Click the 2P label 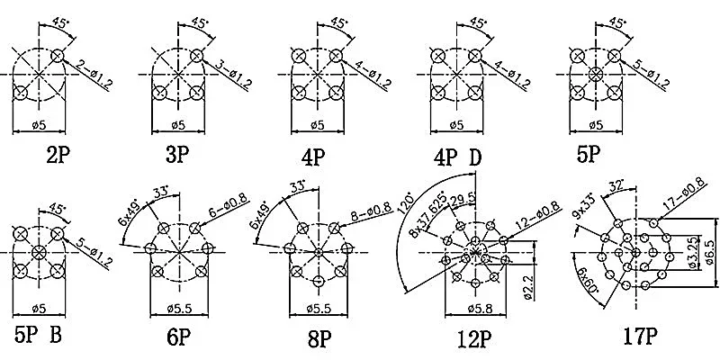coord(58,156)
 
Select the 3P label coord(177,156)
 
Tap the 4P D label coord(458,158)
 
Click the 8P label coord(319,338)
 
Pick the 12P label coord(472,339)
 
